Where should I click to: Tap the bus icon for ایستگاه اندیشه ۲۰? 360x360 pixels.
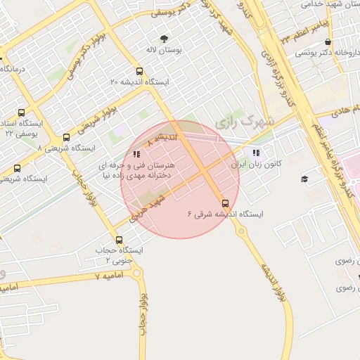coord(139,71)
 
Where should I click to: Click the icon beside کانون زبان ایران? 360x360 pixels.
coord(255,152)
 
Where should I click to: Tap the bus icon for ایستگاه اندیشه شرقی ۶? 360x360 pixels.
coord(225,203)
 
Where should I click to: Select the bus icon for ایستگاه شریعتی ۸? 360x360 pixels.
coord(66,137)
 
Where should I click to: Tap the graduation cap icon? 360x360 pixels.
coord(304,179)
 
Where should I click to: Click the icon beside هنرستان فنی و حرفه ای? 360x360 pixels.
coord(136,154)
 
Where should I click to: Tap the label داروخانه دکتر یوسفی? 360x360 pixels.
coord(321,53)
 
